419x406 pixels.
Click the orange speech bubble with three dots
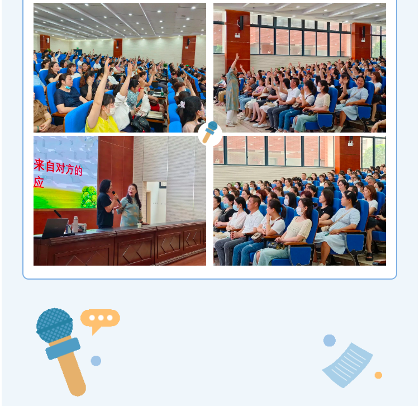[100, 319]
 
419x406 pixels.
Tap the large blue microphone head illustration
[55, 325]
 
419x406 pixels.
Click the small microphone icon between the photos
[210, 131]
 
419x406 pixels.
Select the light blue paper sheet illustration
[347, 365]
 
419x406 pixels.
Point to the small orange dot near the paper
[378, 375]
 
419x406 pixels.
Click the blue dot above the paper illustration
[330, 341]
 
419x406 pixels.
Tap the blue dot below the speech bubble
[96, 361]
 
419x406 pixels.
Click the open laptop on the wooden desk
[55, 228]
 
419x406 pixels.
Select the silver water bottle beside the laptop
[75, 224]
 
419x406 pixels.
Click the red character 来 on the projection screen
[39, 165]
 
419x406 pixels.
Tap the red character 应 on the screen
[39, 182]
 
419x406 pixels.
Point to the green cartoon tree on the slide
[89, 197]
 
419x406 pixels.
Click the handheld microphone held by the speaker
[116, 197]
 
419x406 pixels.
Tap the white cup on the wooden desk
[139, 225]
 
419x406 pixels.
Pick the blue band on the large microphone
[63, 348]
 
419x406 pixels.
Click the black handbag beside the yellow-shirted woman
[140, 124]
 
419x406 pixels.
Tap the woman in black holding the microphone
[106, 204]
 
